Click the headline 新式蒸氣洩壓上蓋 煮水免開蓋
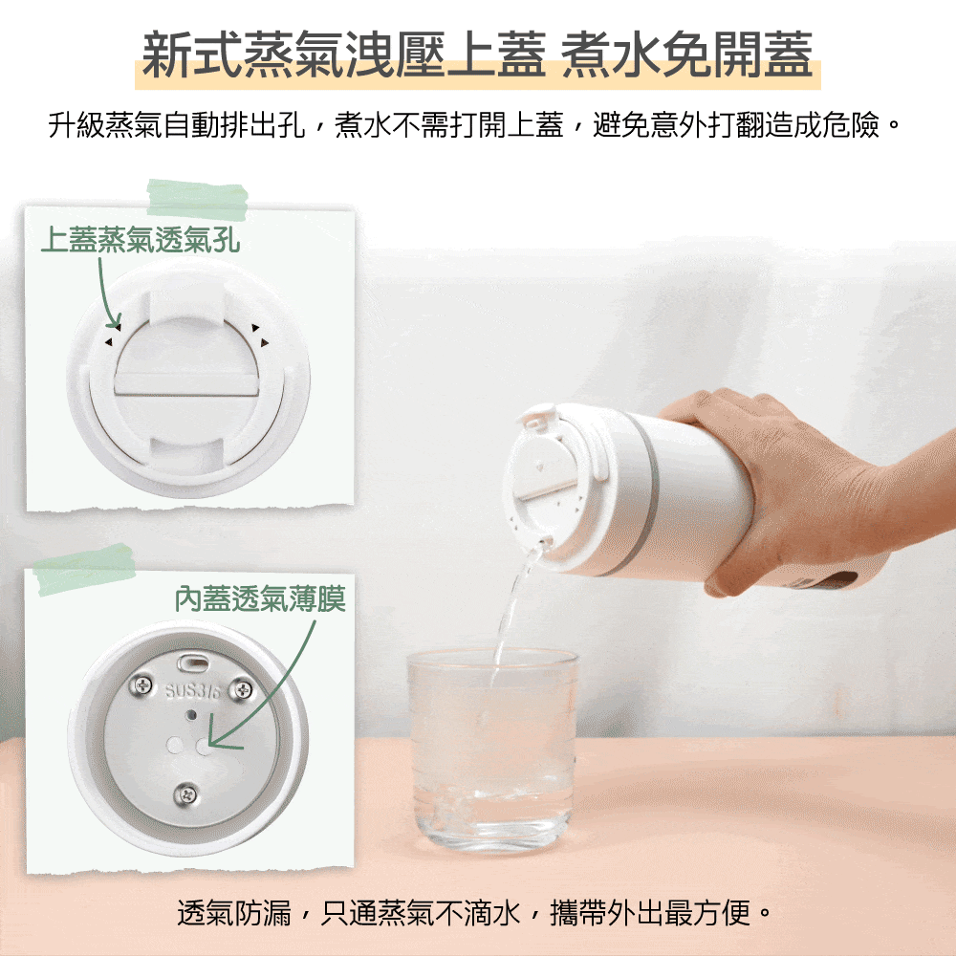(x=477, y=54)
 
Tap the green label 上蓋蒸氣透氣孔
(x=141, y=240)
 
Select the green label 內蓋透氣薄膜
(x=260, y=598)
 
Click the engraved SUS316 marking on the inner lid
(x=193, y=691)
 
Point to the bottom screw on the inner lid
(x=186, y=793)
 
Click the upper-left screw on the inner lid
(x=141, y=685)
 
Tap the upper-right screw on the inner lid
(x=242, y=690)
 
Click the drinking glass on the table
(x=491, y=750)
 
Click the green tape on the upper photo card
(x=198, y=200)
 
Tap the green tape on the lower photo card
(x=84, y=570)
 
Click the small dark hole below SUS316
(x=191, y=714)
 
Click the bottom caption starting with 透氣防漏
(x=474, y=913)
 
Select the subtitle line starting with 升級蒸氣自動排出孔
(x=474, y=125)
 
